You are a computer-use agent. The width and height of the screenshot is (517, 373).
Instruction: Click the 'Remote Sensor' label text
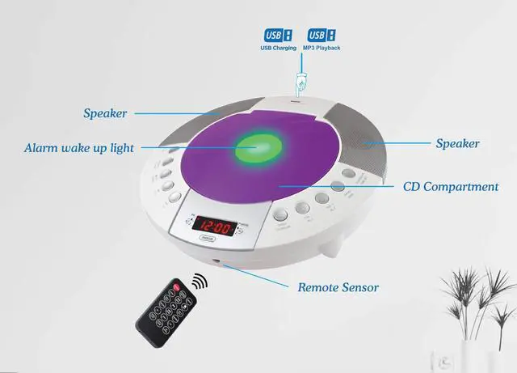[338, 287]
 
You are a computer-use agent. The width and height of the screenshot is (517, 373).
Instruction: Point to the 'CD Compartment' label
[451, 187]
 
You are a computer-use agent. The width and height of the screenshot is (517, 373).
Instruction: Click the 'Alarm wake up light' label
[78, 148]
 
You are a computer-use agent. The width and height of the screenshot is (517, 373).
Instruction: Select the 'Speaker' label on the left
[105, 113]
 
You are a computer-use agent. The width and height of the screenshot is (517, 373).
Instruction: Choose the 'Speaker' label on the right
[458, 144]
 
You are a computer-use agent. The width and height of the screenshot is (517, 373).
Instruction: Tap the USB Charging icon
[278, 36]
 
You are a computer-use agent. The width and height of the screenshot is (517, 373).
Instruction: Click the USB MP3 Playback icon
[320, 36]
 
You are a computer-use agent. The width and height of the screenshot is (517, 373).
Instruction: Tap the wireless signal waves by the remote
[198, 281]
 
